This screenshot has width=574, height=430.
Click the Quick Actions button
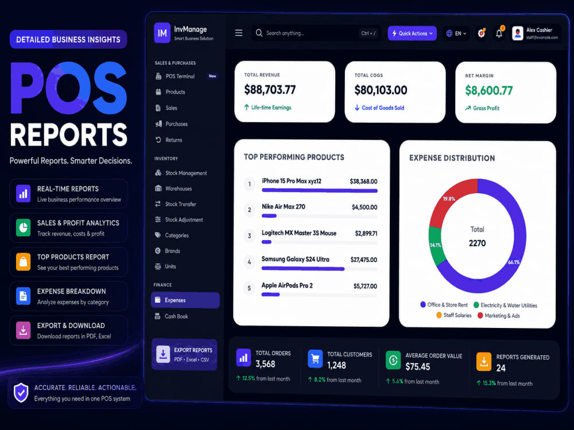pyautogui.click(x=412, y=33)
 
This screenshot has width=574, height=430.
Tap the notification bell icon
pyautogui.click(x=499, y=33)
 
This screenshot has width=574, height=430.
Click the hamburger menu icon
pyautogui.click(x=239, y=33)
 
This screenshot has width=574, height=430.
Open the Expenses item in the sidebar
pyautogui.click(x=185, y=300)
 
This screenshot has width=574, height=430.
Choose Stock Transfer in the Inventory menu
pyautogui.click(x=180, y=204)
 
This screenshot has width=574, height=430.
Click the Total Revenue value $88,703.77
pyautogui.click(x=270, y=89)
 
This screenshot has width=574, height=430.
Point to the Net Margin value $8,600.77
pyautogui.click(x=488, y=91)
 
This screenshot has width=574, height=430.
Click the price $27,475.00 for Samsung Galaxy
pyautogui.click(x=363, y=260)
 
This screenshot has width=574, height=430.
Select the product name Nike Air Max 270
pyautogui.click(x=284, y=206)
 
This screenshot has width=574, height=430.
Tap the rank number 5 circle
pyautogui.click(x=249, y=288)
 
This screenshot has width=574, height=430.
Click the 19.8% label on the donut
pyautogui.click(x=449, y=199)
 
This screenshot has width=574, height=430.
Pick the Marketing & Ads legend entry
pyautogui.click(x=499, y=315)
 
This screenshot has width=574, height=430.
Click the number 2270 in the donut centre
pyautogui.click(x=478, y=243)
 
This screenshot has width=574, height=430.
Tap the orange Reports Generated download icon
pyautogui.click(x=484, y=361)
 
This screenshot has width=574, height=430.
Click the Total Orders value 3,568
pyautogui.click(x=265, y=364)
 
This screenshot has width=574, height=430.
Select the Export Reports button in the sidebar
pyautogui.click(x=184, y=354)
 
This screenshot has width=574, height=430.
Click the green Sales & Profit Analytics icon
pyautogui.click(x=23, y=228)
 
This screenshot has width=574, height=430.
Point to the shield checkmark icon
pyautogui.click(x=21, y=393)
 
